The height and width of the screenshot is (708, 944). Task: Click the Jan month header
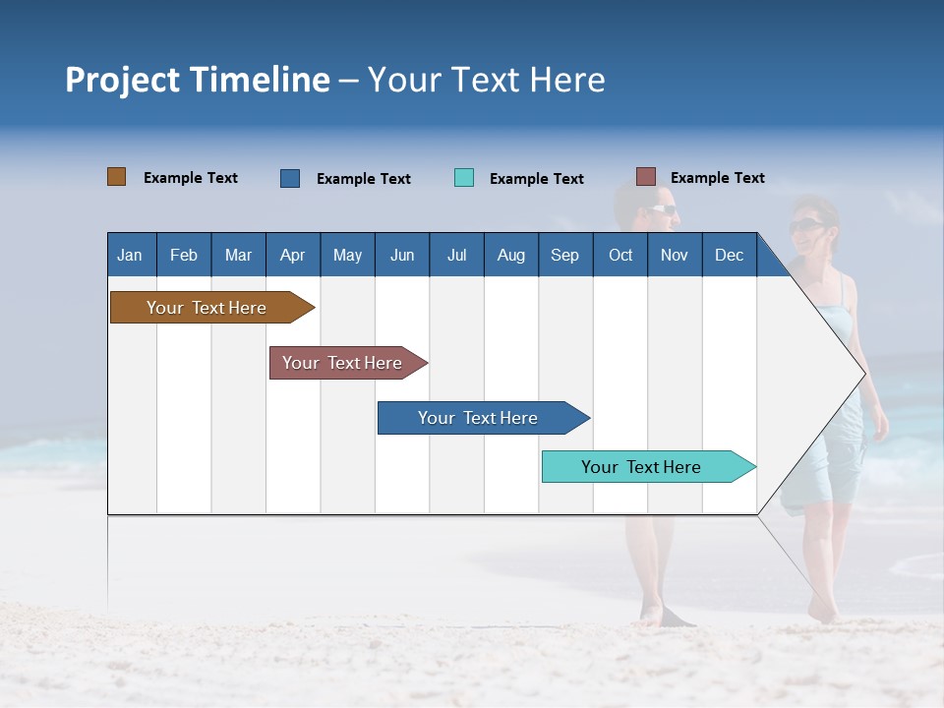[x=131, y=255]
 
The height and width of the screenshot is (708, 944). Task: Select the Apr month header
[x=293, y=255]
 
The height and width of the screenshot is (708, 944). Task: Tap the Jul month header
[x=456, y=255]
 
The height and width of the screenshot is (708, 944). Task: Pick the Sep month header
[x=564, y=255]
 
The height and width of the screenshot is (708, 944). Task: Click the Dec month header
[x=729, y=255]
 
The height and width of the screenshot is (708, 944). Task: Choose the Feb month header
[x=184, y=255]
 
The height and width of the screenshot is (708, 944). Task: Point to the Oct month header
[x=620, y=255]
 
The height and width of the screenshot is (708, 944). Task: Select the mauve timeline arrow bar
[x=345, y=363]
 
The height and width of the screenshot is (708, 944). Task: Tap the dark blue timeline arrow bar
[x=480, y=418]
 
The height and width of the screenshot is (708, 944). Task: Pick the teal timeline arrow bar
[x=645, y=467]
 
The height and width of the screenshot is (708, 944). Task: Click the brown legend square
[x=117, y=177]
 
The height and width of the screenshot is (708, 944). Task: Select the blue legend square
[x=290, y=178]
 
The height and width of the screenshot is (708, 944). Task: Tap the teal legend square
[x=464, y=178]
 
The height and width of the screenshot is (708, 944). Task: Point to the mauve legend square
[x=646, y=177]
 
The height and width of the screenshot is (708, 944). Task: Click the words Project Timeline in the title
[x=198, y=80]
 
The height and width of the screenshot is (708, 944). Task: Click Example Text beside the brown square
[x=191, y=178]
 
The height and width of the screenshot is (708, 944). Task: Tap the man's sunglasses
[x=664, y=208]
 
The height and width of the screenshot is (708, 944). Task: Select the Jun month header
[x=402, y=255]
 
